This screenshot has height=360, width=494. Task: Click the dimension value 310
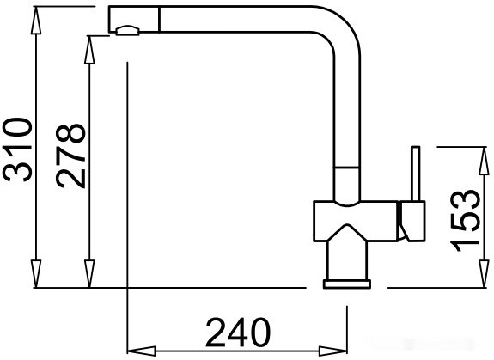(x=20, y=149)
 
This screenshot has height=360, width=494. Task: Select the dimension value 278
(x=70, y=156)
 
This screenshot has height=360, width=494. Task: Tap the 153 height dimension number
(x=464, y=218)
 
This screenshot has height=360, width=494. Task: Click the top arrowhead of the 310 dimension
(x=37, y=18)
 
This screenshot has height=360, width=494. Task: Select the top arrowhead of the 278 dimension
(x=90, y=43)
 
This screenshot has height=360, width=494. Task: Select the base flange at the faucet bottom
(x=347, y=284)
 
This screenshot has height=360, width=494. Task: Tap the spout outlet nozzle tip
(x=126, y=32)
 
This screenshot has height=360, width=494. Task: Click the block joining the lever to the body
(x=412, y=219)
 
